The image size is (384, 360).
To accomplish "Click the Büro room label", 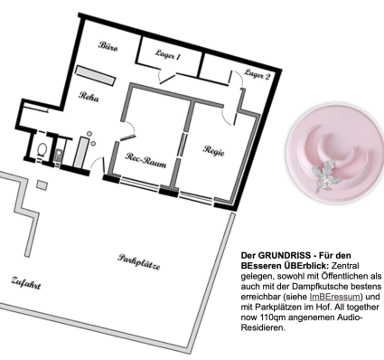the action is point(108,46).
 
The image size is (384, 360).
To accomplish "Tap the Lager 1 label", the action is point(168,54).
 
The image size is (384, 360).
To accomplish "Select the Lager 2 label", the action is point(257,74).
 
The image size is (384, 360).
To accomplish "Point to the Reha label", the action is point(89,96).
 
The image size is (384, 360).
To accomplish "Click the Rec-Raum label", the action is point(145,160).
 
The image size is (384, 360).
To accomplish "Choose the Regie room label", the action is point(214,150).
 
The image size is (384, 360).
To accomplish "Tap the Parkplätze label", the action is point(139,261).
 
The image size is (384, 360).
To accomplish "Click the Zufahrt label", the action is point(26,282).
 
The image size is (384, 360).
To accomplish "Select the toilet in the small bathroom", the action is point(42,149).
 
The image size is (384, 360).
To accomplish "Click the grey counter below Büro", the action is point(95,75).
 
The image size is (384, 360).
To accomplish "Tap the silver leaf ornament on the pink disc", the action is point(326,175).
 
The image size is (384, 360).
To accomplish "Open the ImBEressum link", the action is point(334,297).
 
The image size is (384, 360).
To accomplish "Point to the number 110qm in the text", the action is point(271,317).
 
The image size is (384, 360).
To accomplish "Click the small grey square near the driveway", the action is point(42,185).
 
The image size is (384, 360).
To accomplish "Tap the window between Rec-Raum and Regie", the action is point(182,146).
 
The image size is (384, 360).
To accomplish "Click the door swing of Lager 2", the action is point(237,78).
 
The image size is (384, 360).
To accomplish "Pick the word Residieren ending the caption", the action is point(263,327).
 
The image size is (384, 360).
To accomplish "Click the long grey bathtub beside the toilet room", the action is point(80,152).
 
